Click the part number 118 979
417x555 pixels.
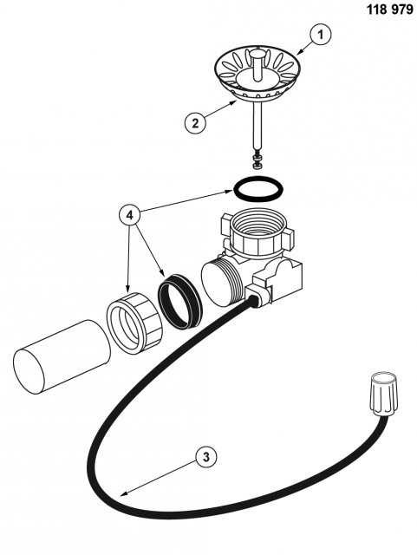point(390,10)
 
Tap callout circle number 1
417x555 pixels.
point(321,35)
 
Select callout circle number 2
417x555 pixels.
point(195,123)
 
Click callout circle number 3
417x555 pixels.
point(206,457)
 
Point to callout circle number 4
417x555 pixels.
point(131,215)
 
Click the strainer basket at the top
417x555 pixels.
point(257,73)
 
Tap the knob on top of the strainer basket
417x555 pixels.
point(257,55)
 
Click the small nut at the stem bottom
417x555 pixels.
point(256,161)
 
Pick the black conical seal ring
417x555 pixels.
point(180,300)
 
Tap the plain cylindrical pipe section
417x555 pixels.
point(62,357)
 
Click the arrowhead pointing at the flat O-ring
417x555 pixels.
point(229,192)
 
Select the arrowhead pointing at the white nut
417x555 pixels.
point(128,288)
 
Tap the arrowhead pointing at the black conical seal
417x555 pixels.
point(163,273)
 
